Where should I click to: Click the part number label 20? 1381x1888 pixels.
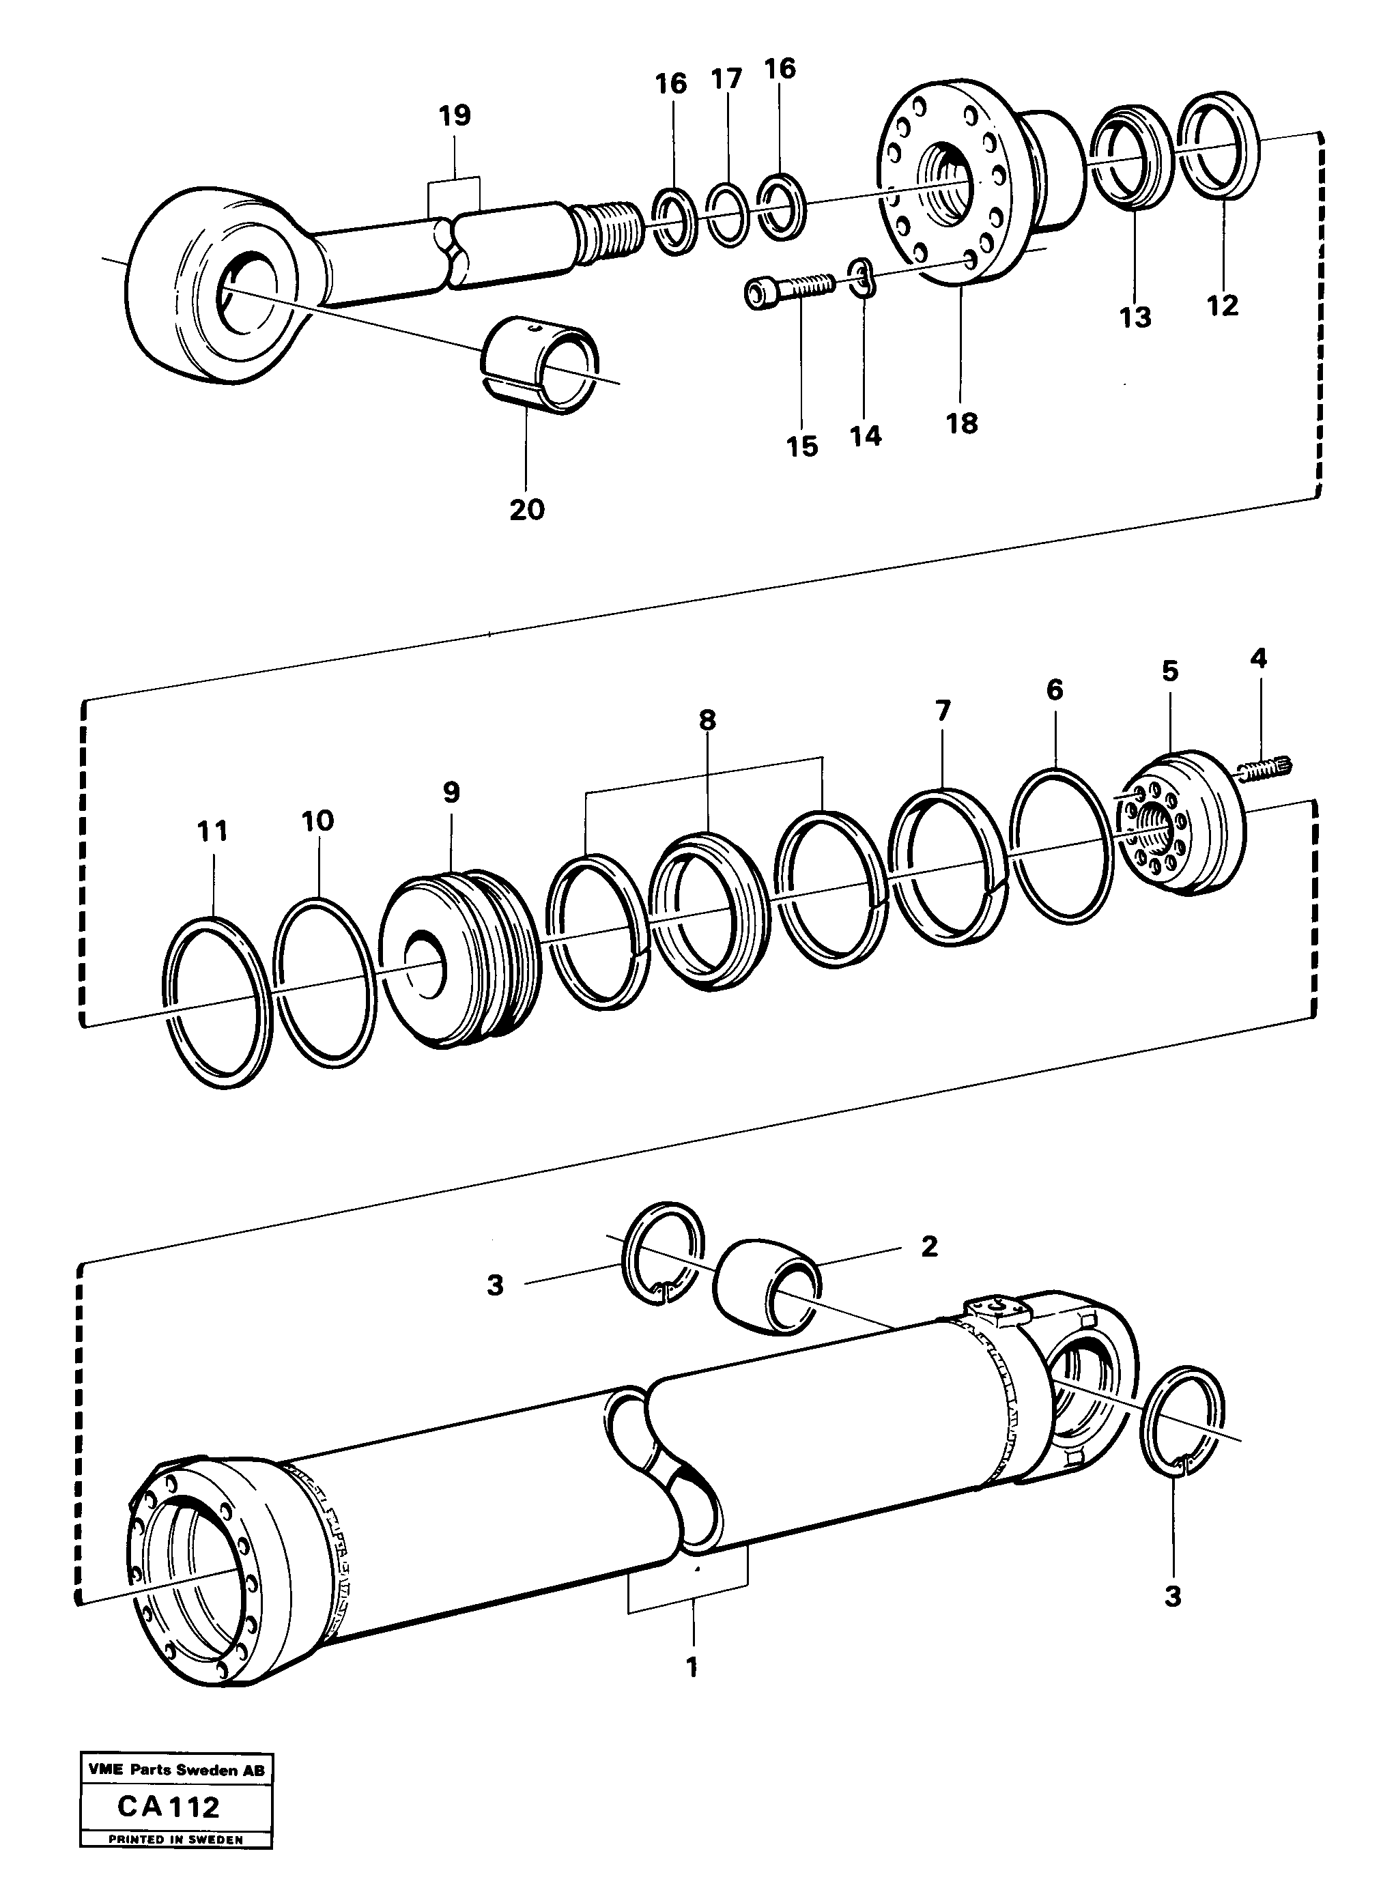526,509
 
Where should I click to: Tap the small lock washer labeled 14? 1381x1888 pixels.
864,278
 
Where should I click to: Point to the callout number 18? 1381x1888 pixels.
961,423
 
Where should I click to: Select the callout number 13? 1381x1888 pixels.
1136,317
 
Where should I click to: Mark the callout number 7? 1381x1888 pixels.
942,711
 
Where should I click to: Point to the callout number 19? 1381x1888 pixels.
455,115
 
